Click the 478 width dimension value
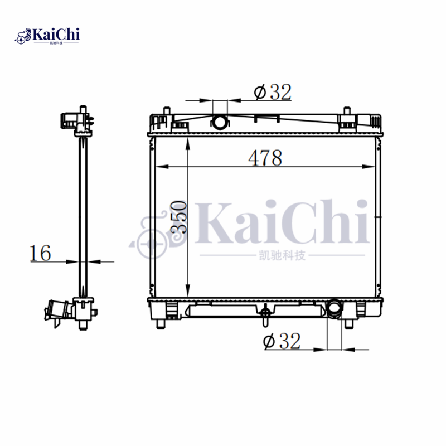point(265,158)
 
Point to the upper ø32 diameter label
point(273,93)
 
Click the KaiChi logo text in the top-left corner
point(56,35)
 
